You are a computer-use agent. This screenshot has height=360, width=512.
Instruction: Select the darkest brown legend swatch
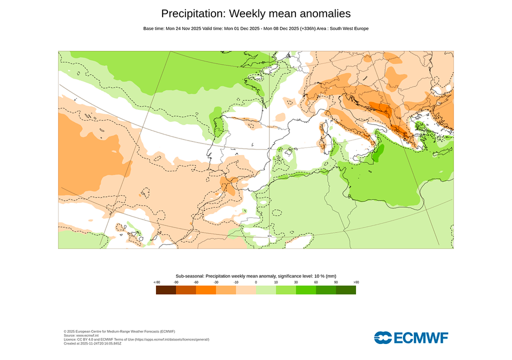166,289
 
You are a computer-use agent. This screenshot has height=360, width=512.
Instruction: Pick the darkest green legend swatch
346,289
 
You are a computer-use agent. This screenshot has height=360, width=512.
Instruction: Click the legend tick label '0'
256,282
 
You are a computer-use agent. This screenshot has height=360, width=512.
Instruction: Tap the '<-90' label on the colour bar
156,282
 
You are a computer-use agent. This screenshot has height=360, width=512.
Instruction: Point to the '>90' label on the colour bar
356,282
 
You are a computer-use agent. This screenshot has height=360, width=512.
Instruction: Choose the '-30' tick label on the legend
216,282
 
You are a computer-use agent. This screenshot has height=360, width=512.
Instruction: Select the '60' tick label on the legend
316,282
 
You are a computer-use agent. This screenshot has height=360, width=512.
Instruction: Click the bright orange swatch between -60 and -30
206,289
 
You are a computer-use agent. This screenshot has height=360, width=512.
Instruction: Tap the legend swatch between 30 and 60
306,289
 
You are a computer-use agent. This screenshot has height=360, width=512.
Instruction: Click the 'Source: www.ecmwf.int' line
83,335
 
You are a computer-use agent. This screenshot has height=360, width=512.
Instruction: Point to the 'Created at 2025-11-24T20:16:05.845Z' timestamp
92,343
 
